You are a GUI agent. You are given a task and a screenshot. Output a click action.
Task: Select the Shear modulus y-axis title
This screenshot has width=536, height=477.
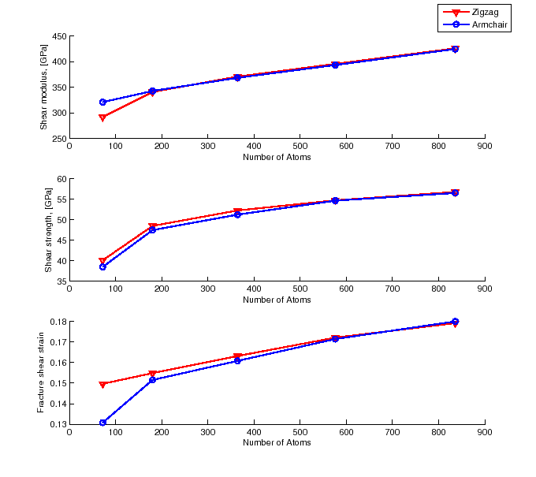(x=44, y=88)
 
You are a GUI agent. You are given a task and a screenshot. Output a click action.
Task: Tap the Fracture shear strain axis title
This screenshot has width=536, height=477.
(x=41, y=373)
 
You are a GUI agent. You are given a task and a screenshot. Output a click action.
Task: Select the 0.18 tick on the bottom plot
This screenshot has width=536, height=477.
(x=57, y=322)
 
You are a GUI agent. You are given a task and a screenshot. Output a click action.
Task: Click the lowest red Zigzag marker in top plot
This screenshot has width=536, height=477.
(x=102, y=117)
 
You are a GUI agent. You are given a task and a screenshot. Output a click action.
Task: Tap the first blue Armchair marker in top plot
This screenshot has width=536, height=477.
(x=102, y=102)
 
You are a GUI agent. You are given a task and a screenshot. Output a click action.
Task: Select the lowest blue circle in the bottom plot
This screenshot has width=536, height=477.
(x=102, y=423)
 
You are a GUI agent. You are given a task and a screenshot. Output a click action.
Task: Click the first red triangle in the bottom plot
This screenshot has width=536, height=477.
(x=102, y=384)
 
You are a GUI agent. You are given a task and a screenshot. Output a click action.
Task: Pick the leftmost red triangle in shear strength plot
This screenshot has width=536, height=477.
(x=102, y=261)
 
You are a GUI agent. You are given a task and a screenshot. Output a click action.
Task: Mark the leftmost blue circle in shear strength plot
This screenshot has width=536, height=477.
(x=102, y=266)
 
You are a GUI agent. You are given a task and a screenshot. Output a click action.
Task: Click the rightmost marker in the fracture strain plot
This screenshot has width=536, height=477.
(x=455, y=322)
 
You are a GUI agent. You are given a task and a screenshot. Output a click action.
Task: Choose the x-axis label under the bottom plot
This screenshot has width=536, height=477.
(x=277, y=442)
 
